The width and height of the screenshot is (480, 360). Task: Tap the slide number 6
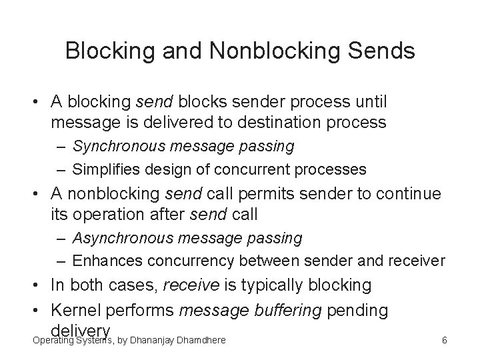444,341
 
